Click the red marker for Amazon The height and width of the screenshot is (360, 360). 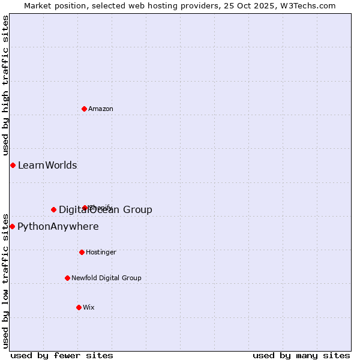coord(84,109)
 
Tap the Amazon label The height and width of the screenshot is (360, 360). coord(101,109)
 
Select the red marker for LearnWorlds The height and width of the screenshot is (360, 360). coord(13,165)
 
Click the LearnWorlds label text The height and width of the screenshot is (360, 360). coord(47,166)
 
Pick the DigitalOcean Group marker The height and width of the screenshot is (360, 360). coord(53,209)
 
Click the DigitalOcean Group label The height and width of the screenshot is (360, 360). coord(106,209)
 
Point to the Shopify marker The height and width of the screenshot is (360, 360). coord(85,208)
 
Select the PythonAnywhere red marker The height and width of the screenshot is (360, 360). coord(12,226)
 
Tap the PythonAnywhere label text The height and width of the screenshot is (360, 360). coord(58,227)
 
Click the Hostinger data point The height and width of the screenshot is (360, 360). coord(82,252)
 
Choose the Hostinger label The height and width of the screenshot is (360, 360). coord(101,252)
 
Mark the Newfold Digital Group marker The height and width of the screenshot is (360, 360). coord(67,278)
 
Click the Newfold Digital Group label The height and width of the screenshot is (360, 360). coord(106,278)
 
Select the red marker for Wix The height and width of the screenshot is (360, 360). coord(79,307)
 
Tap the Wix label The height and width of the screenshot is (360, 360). coord(89,307)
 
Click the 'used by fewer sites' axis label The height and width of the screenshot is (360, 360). coord(62,355)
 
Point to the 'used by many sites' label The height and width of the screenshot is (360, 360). coord(301,355)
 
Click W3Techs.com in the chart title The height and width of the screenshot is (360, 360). coord(308,5)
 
